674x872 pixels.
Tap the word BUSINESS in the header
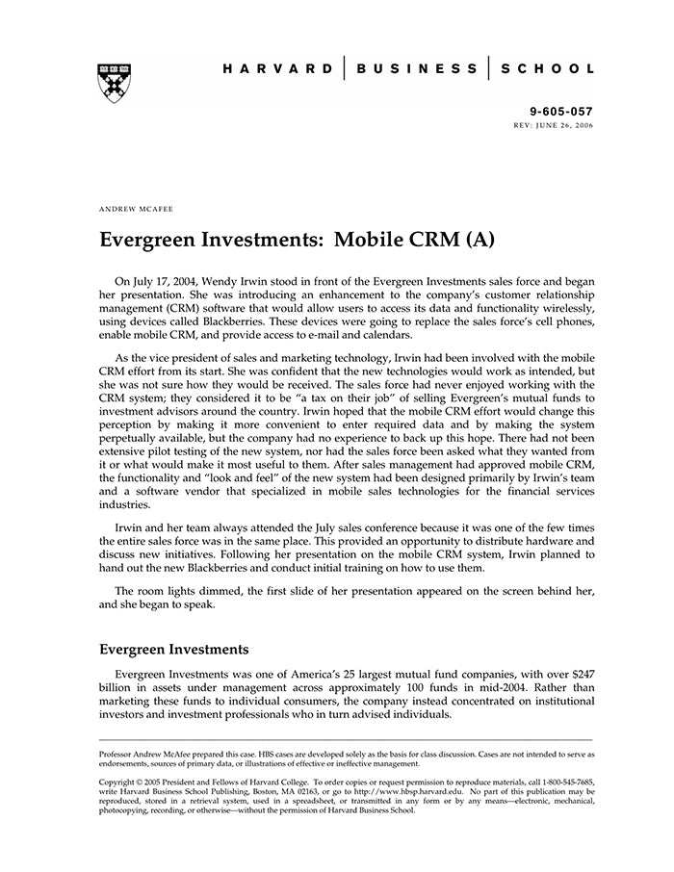click(x=416, y=69)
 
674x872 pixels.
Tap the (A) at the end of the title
click(x=479, y=239)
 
